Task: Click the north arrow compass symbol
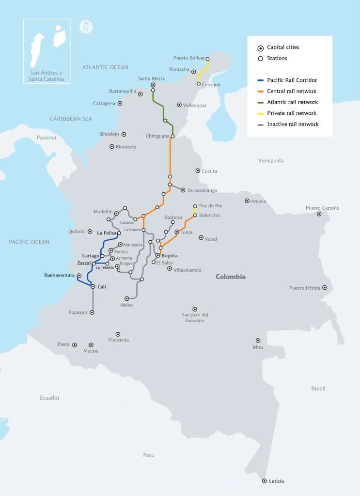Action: tap(86, 27)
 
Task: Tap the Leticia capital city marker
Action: tap(264, 481)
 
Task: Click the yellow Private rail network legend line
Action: tap(260, 113)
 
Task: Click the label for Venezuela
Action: tap(271, 160)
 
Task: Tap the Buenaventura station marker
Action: tap(79, 276)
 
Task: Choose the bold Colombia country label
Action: tap(231, 277)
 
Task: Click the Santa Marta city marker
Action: tap(153, 85)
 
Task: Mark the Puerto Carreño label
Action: tap(322, 208)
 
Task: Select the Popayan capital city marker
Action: tap(92, 312)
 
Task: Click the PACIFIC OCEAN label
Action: tap(29, 242)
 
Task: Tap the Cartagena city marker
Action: tap(120, 103)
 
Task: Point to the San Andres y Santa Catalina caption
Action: tap(47, 76)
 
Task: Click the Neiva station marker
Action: tap(127, 298)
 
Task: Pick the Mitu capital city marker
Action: tap(258, 341)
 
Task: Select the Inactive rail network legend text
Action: tap(293, 124)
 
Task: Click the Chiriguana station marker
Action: tap(172, 136)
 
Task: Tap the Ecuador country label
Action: tap(49, 398)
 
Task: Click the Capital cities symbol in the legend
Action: tap(260, 47)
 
